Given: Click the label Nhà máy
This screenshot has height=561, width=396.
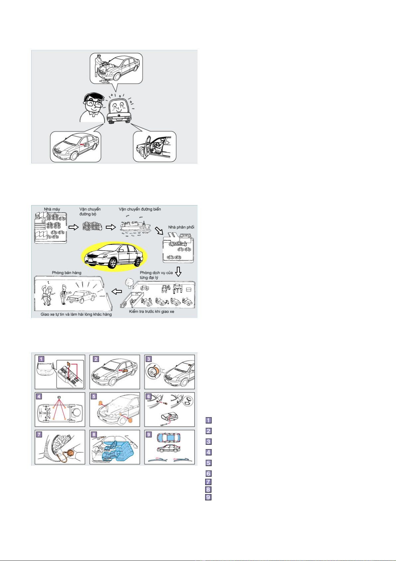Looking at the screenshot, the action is pos(52,209).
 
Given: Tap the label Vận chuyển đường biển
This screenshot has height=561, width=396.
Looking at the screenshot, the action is pos(140,209).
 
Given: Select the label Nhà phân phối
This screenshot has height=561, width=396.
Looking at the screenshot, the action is pos(181,227).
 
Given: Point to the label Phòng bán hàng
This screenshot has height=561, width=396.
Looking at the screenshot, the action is pos(66,272).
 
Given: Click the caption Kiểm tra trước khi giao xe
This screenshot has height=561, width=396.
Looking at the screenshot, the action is pos(152,311).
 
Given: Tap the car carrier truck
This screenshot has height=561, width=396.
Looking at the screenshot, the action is pos(92,226).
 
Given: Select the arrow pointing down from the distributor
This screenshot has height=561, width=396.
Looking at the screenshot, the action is pos(178,272).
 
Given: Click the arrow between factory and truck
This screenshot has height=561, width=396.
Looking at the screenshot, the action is pos(73,227).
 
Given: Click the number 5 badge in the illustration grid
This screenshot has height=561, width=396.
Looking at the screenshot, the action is pos(94,397).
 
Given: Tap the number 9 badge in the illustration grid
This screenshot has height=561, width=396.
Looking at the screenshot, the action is pos(149,434).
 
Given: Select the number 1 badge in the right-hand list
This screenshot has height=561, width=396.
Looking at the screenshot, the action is pos(208,420).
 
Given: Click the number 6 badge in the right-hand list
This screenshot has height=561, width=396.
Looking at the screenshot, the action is pos(208,473).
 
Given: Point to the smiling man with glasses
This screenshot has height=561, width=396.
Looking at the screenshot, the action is pos(92,107).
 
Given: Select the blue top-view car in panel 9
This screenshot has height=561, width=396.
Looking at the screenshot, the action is pos(169,438).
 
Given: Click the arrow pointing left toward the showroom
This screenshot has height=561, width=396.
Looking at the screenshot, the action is pos(117,291).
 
